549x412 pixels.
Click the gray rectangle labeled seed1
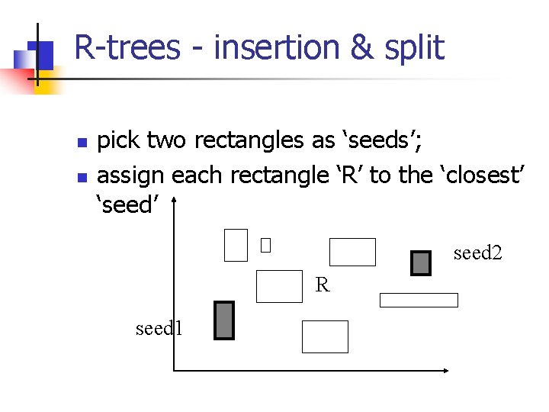point(224,320)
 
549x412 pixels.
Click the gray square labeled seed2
point(421,263)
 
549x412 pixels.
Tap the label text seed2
point(477,253)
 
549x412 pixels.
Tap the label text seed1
point(159,329)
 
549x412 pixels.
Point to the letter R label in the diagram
point(323,286)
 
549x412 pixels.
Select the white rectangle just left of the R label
point(279,287)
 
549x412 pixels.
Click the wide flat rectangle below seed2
point(419,300)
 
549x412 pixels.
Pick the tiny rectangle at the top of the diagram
point(265,246)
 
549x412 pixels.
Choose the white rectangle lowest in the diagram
point(325,336)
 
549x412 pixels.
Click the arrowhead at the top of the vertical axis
point(175,203)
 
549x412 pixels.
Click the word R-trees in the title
point(127,48)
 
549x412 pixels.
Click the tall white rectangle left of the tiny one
point(236,245)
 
